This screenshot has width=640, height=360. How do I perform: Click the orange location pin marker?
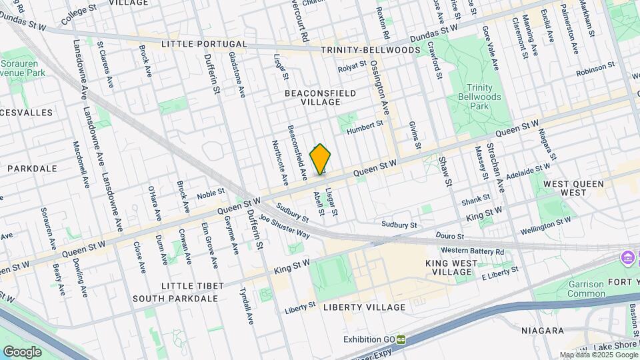[x=321, y=159]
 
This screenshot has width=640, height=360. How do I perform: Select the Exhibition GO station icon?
[x=401, y=339]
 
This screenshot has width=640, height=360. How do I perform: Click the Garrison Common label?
[x=587, y=288]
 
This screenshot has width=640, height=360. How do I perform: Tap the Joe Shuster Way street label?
[x=284, y=226]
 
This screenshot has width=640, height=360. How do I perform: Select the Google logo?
[x=22, y=351]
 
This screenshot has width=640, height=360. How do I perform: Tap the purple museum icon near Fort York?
[x=627, y=257]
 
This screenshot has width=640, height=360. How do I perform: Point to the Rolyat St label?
[x=352, y=66]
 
